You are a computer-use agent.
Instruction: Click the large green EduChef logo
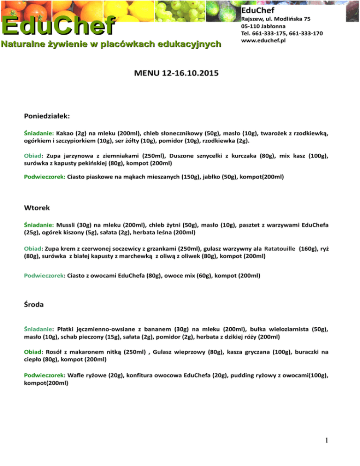coord(58,25)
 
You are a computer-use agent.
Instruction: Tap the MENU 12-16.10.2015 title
coord(180,74)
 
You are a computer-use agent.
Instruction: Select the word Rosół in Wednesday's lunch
coord(53,352)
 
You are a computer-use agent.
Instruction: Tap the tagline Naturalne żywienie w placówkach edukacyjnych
coord(111,45)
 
